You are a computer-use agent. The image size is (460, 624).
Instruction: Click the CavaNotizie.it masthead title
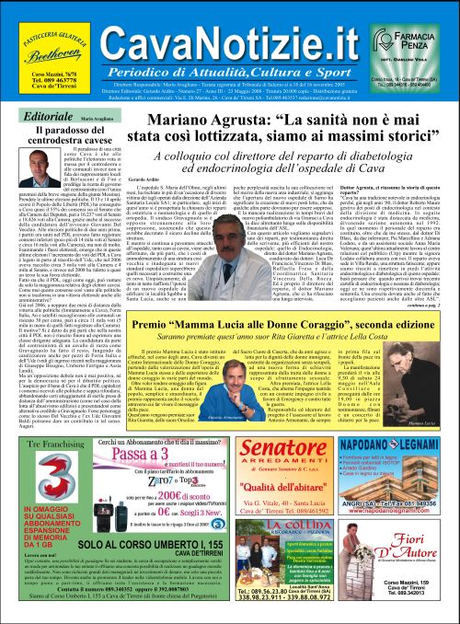click(x=228, y=34)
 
